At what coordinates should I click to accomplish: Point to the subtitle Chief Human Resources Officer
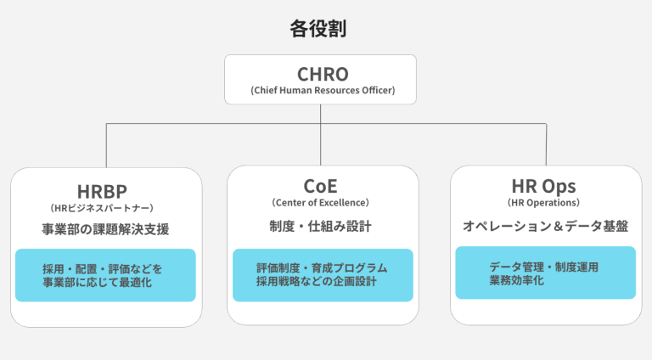click(323, 91)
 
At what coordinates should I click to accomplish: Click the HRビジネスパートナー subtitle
click(106, 206)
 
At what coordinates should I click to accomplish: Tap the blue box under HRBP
click(106, 275)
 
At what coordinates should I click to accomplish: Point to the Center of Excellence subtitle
click(323, 204)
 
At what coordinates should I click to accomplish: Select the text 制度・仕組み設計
click(323, 227)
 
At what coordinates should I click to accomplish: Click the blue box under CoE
click(323, 275)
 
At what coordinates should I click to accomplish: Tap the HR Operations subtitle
click(545, 204)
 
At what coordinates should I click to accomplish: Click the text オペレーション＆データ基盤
click(545, 227)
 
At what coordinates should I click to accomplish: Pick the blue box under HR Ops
click(545, 273)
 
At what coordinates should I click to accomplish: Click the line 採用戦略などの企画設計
click(323, 282)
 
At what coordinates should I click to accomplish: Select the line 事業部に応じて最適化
click(97, 283)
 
